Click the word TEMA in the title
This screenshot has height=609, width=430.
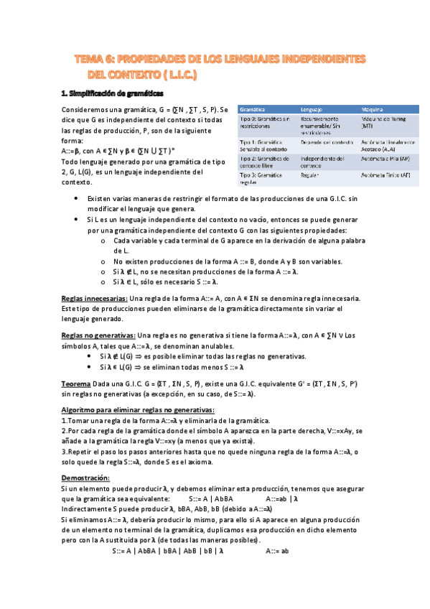92,60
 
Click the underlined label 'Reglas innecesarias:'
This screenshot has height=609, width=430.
95,297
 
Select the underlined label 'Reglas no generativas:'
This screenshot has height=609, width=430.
98,335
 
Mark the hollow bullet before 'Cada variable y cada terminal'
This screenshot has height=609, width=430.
104,241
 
